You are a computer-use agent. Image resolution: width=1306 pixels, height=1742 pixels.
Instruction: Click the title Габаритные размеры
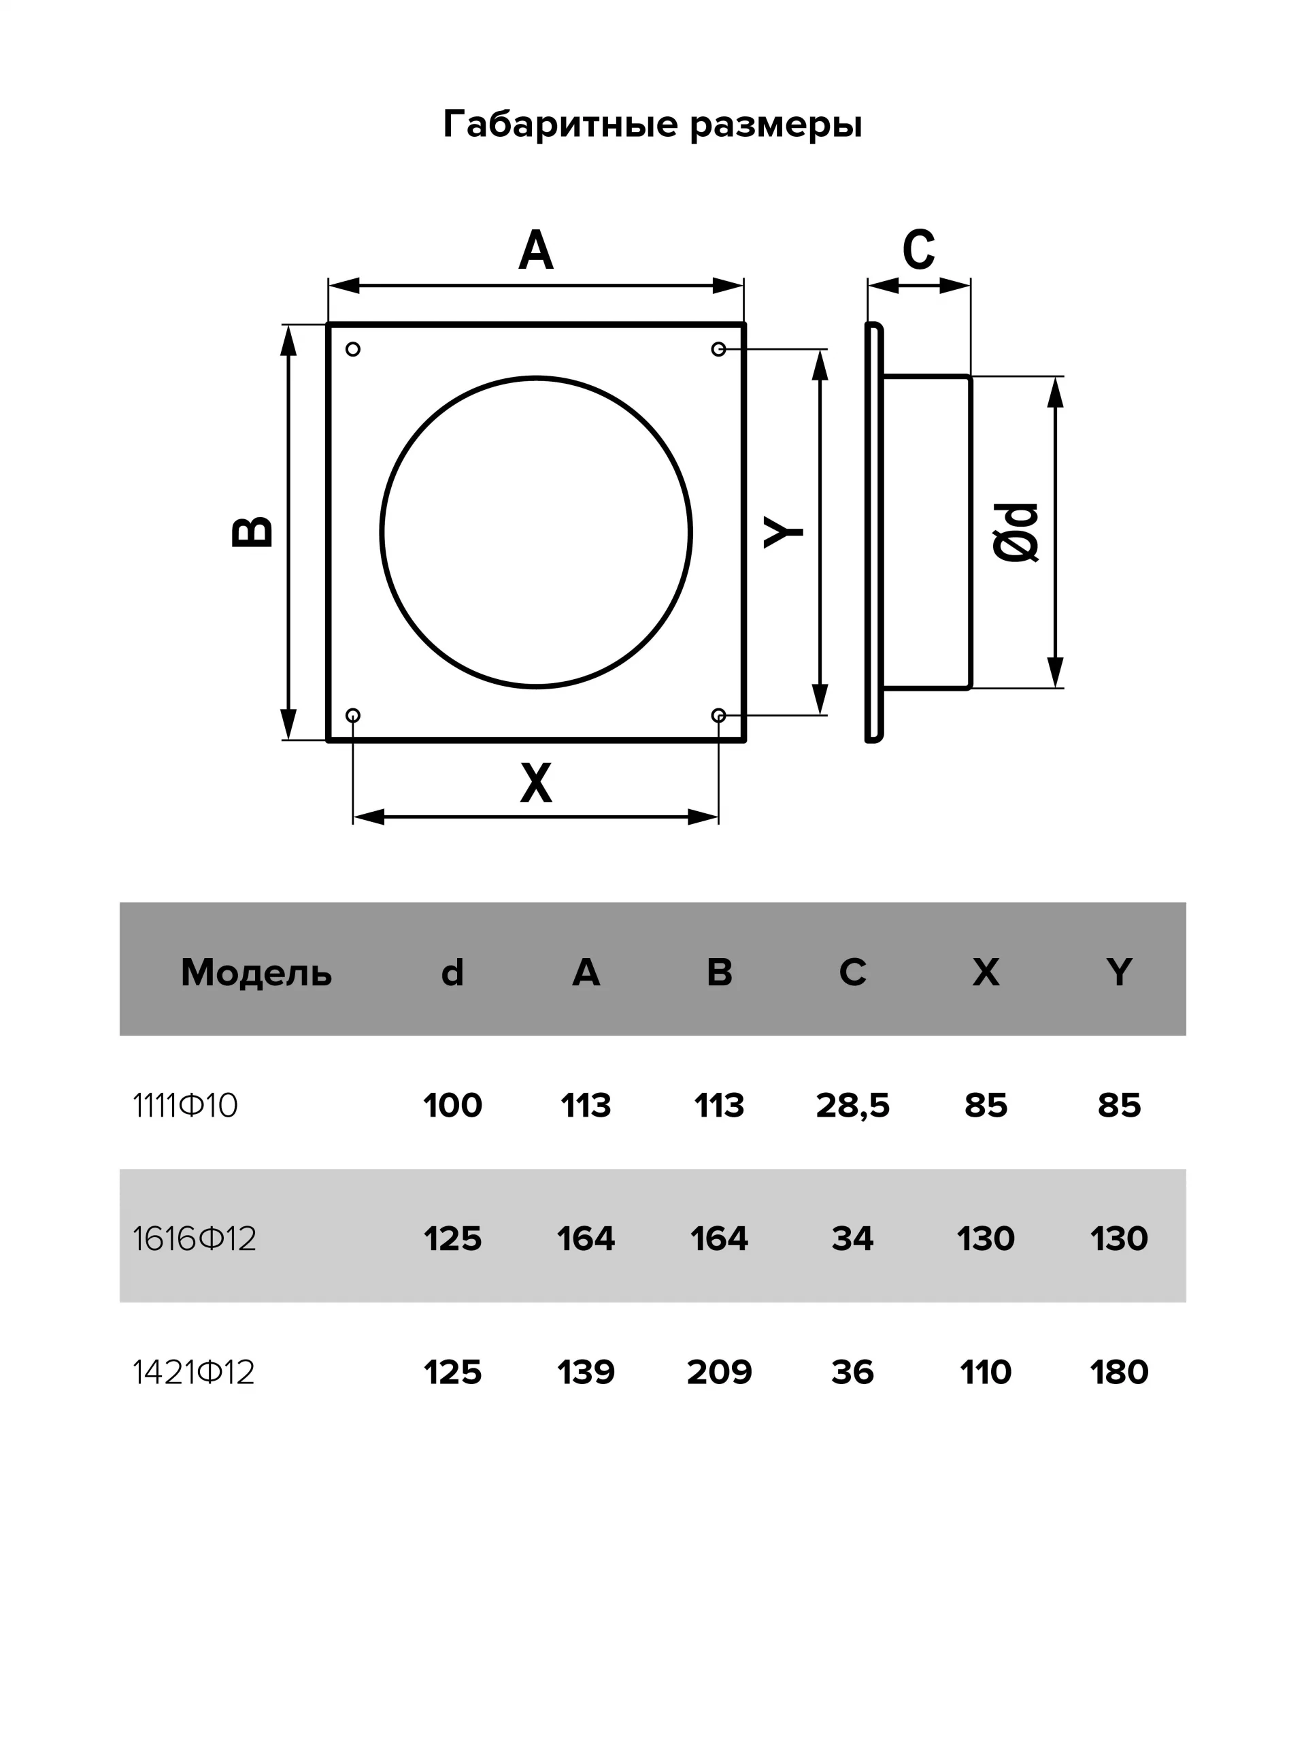[x=652, y=125]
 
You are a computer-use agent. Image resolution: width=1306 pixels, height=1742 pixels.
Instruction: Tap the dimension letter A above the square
[x=536, y=250]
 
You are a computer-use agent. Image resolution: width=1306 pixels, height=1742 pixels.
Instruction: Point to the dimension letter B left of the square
[x=253, y=532]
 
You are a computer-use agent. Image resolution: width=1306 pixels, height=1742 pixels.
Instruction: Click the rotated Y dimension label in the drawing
[x=784, y=531]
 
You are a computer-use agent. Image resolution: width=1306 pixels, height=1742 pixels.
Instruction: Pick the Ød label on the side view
[x=1016, y=532]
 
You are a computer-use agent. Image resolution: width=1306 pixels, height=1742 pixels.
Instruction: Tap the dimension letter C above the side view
[x=919, y=250]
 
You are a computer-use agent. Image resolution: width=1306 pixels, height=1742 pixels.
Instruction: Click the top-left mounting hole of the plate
[x=352, y=349]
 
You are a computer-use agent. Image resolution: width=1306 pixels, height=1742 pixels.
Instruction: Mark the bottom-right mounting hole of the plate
[x=718, y=715]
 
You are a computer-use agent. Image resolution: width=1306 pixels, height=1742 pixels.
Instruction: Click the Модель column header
[x=256, y=973]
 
